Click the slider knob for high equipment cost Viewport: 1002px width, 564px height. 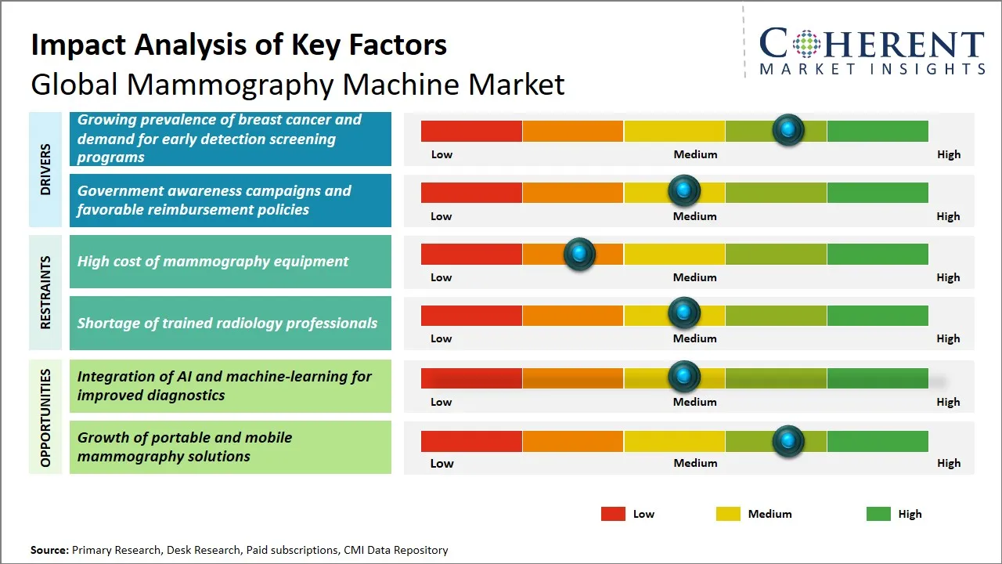click(579, 254)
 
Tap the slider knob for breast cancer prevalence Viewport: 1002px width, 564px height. click(788, 130)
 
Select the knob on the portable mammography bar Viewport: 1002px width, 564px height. click(788, 441)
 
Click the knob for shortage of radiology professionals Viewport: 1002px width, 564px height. click(684, 313)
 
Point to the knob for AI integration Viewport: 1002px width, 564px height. click(684, 377)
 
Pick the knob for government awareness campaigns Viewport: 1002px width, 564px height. click(684, 190)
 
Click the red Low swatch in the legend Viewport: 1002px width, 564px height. click(613, 514)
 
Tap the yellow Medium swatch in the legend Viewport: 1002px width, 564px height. click(728, 514)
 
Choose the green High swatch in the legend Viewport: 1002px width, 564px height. click(878, 514)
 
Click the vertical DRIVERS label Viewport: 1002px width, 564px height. click(45, 169)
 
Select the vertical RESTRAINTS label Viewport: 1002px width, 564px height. click(45, 292)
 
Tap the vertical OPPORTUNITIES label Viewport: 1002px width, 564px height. click(45, 418)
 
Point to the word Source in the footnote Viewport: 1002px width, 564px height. click(49, 551)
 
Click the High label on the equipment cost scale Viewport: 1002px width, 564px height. click(948, 277)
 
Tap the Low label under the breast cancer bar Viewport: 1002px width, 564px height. click(442, 154)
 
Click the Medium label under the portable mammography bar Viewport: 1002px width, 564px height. click(695, 463)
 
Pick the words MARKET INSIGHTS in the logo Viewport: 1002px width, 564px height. click(872, 69)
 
